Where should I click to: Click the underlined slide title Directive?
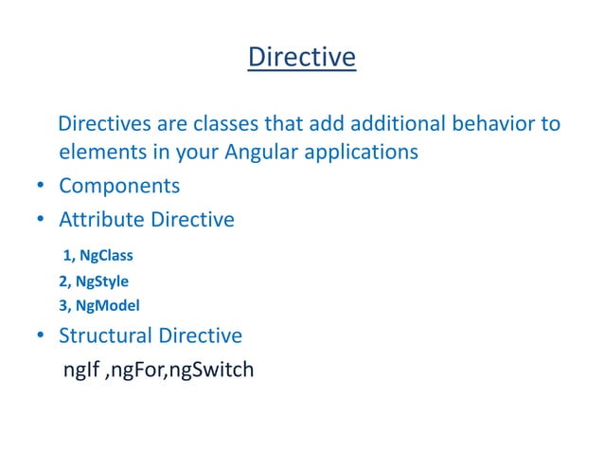point(301,58)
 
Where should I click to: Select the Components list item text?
point(119,186)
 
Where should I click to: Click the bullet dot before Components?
point(42,187)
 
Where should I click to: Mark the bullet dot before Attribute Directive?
point(42,221)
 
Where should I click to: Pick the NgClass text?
point(106,256)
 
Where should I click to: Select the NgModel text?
point(106,305)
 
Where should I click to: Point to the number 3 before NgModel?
point(62,305)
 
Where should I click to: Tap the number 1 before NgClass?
point(67,256)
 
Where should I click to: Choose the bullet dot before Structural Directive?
point(42,336)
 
